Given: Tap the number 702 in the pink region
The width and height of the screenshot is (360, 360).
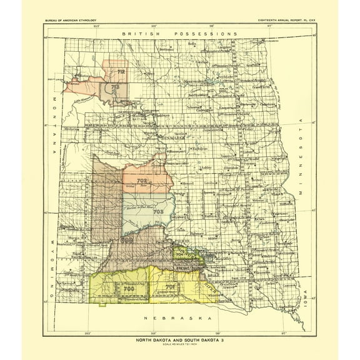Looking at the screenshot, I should (x=142, y=181).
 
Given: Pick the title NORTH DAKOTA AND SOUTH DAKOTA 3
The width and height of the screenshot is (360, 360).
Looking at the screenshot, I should (x=179, y=341).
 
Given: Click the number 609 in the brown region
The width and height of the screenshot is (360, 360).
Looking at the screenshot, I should (x=127, y=239).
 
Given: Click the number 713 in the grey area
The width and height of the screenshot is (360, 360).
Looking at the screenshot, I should (x=115, y=88).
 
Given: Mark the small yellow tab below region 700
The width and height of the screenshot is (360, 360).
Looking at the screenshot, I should (x=102, y=304).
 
